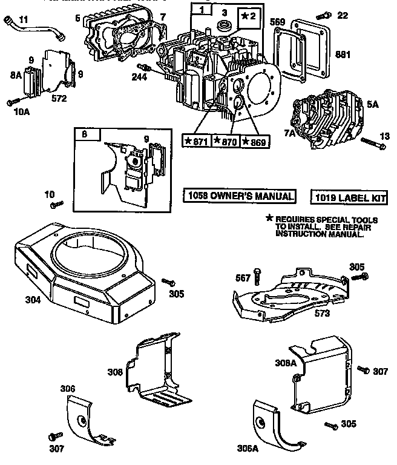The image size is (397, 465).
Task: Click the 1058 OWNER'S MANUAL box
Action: [240, 196]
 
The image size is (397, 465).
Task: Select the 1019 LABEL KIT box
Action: [349, 197]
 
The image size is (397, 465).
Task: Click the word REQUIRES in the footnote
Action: [296, 219]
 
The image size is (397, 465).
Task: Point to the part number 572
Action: [59, 97]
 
